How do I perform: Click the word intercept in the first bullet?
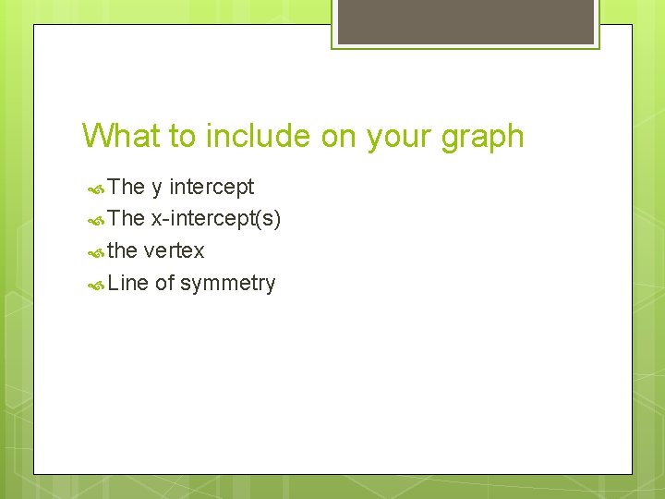(212, 187)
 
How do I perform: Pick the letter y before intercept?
(157, 188)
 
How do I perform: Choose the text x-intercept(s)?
(216, 219)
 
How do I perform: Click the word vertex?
(175, 250)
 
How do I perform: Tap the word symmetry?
(227, 284)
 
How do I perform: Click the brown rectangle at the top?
(465, 21)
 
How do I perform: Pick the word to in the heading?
(182, 136)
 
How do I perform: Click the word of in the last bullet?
(164, 283)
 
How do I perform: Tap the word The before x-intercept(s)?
(127, 219)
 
